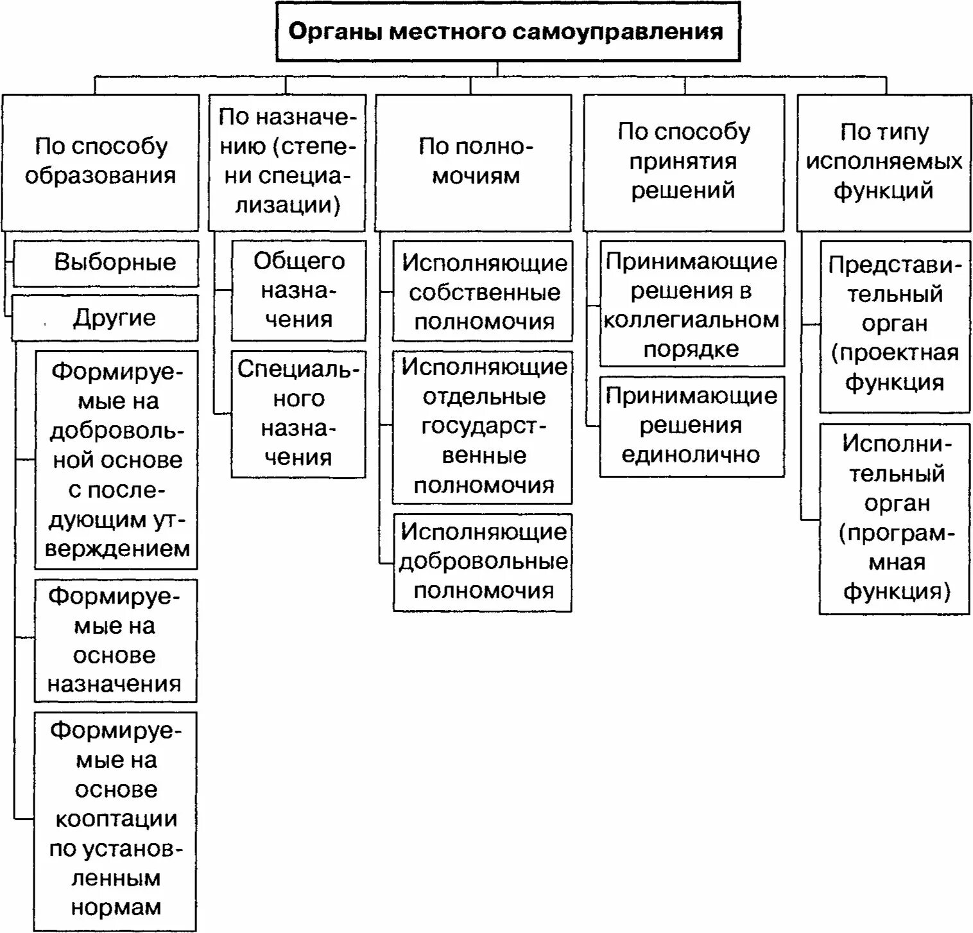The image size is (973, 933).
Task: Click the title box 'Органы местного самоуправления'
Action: tap(508, 32)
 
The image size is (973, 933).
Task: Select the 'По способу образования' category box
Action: tap(100, 162)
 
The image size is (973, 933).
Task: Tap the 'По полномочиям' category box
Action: tap(474, 162)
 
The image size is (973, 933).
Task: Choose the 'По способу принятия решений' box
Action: tap(684, 162)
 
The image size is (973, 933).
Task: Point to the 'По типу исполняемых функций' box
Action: tap(884, 162)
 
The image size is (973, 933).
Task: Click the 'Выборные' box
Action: tap(107, 263)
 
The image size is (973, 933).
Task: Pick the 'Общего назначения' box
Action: tap(298, 290)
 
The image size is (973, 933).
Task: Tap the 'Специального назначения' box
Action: tap(298, 414)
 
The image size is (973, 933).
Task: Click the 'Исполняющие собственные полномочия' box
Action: tap(483, 292)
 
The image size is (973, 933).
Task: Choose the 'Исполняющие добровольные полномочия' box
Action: tap(483, 562)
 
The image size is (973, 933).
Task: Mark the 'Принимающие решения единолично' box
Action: tap(692, 426)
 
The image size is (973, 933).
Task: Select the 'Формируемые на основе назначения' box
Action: tap(116, 640)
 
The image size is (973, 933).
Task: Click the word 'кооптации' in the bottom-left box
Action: tap(116, 819)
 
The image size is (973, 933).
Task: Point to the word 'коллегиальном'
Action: tap(691, 320)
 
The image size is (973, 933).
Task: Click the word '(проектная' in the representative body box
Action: tap(895, 353)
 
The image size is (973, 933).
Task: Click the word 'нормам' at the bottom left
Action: tap(116, 907)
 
